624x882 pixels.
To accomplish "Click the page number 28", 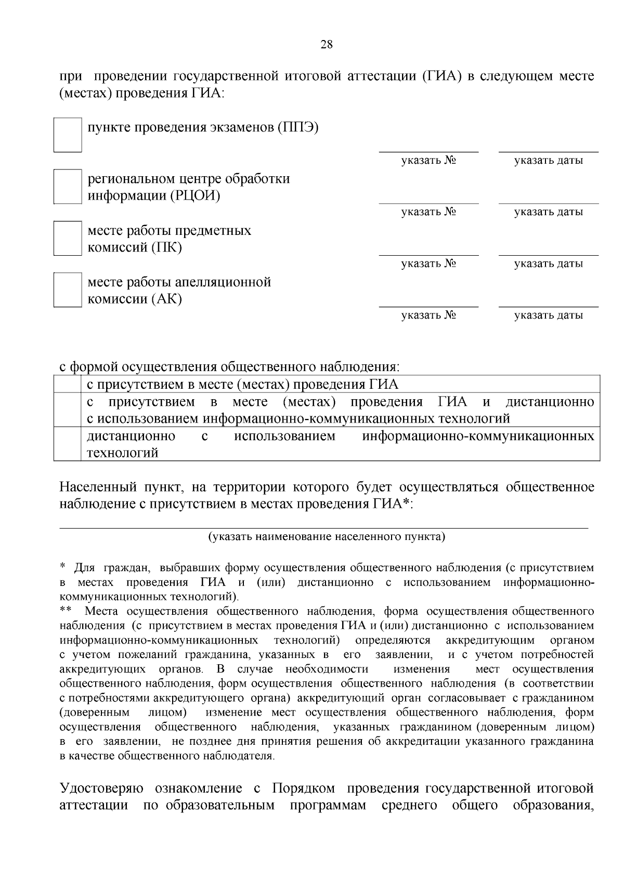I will point(326,44).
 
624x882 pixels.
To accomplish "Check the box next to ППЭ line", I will point(68,135).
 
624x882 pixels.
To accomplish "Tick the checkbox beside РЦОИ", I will point(68,186).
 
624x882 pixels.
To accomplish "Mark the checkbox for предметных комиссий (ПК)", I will point(68,238).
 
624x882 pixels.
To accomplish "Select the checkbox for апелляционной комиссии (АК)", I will point(68,289).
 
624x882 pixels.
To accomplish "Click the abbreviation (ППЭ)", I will point(297,127).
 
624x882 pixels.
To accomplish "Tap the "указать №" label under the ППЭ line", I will point(428,161).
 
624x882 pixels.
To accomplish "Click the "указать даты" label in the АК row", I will point(549,315).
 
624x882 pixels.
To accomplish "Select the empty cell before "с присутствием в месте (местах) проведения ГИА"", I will point(68,385).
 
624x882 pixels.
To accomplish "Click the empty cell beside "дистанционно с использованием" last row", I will point(68,444).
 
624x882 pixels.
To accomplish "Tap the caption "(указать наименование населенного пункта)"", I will point(327,536).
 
